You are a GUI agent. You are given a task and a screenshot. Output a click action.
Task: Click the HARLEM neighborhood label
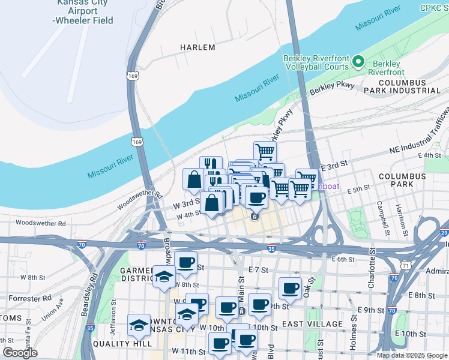197,47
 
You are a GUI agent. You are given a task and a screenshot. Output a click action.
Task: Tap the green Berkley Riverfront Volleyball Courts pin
358,61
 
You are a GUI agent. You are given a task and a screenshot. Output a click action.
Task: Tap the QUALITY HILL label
119,344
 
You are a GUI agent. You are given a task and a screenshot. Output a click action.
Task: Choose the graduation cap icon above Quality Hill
139,325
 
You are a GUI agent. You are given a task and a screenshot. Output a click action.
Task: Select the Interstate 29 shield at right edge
444,232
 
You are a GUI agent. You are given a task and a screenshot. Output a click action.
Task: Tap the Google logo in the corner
20,353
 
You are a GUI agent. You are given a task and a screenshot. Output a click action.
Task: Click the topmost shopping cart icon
265,151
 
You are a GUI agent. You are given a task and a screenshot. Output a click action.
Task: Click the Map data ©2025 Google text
412,355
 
